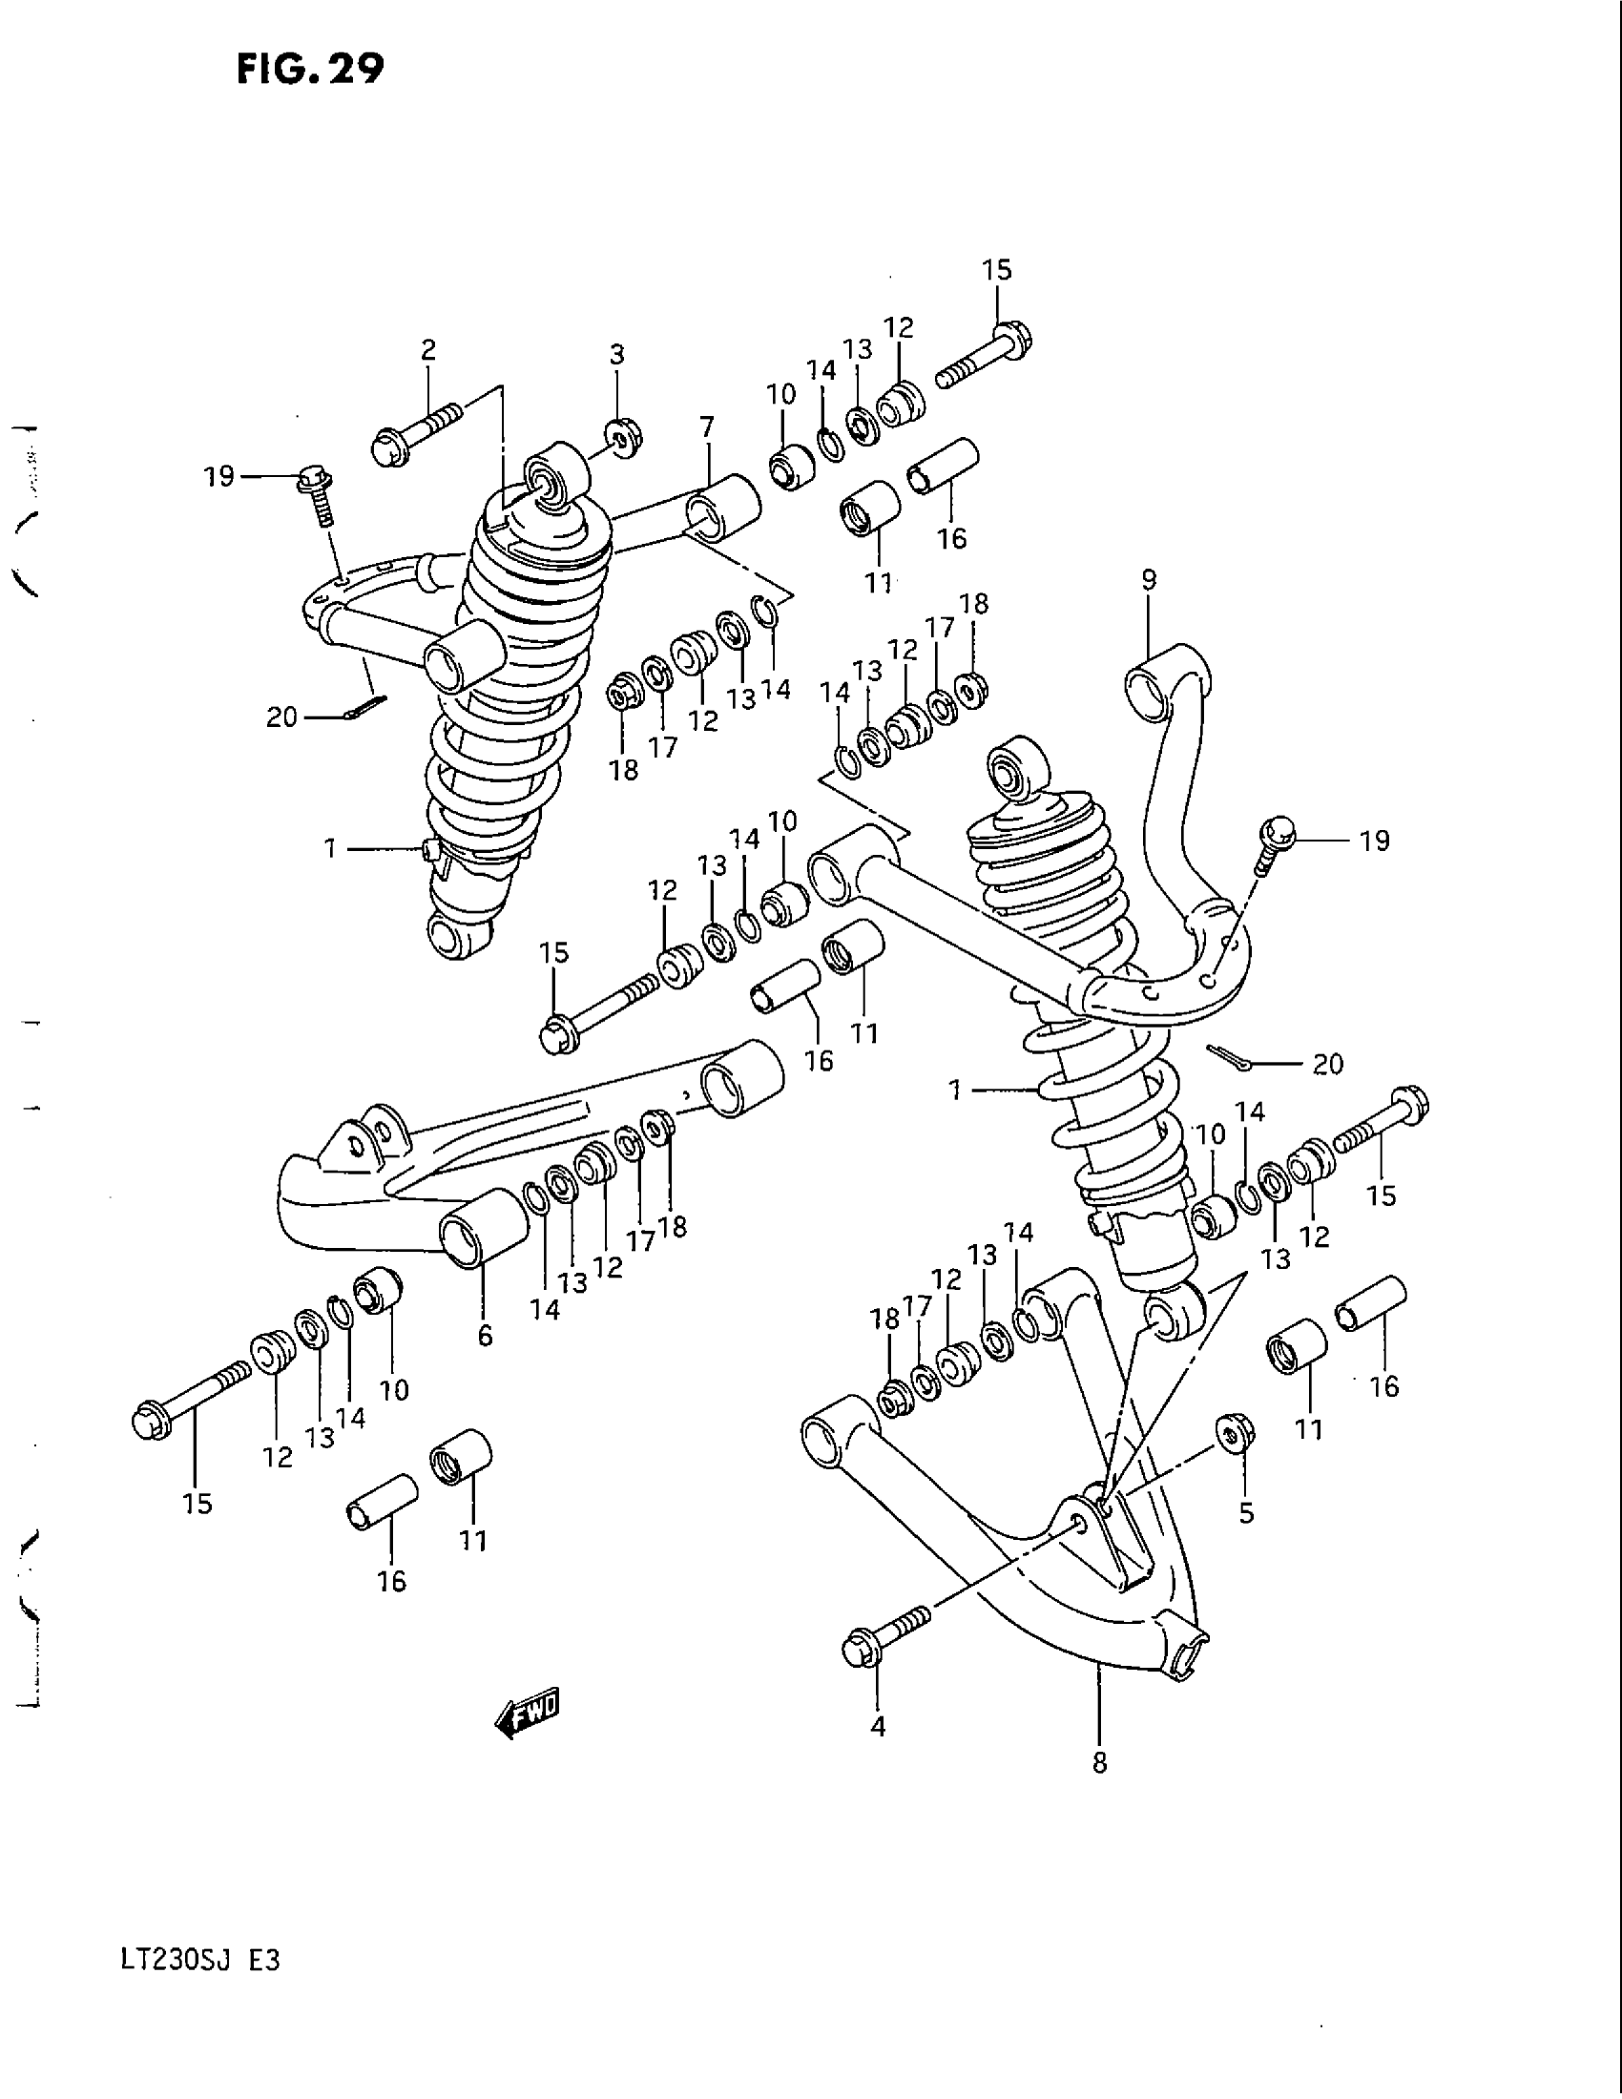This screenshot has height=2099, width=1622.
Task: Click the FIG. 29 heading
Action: coord(309,70)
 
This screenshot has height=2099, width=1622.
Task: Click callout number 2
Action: coord(427,349)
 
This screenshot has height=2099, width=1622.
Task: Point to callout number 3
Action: coord(617,355)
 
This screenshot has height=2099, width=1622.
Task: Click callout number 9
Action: coord(1150,579)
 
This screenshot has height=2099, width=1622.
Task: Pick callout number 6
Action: coord(486,1335)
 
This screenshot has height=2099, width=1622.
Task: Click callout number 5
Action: coord(1246,1513)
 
